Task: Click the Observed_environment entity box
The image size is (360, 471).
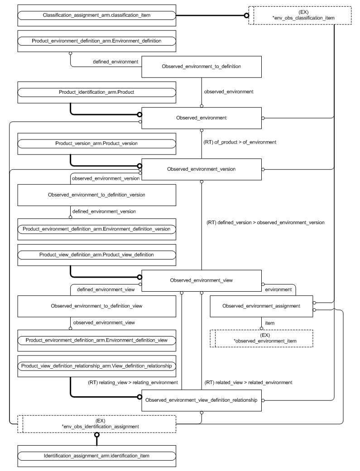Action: click(202, 118)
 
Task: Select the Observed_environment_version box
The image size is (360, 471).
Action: click(202, 168)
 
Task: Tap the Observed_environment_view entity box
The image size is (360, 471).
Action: click(202, 280)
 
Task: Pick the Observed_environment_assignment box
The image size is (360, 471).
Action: click(261, 306)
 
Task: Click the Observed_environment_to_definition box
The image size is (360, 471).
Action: click(202, 67)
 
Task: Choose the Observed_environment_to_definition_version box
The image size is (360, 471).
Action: click(96, 195)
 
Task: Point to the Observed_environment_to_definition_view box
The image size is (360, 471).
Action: click(96, 306)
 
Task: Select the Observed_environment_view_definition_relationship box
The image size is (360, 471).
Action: click(202, 400)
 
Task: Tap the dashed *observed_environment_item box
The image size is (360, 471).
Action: click(261, 338)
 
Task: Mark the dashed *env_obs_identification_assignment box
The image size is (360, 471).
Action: click(96, 424)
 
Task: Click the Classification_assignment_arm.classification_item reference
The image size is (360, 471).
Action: click(96, 15)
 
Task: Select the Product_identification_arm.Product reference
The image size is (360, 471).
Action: click(96, 92)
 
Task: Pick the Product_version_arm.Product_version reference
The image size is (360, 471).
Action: click(96, 143)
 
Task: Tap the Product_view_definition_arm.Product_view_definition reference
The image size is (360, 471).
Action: click(96, 255)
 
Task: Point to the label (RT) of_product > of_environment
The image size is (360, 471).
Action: click(241, 142)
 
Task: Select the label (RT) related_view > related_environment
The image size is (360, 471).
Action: click(249, 382)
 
